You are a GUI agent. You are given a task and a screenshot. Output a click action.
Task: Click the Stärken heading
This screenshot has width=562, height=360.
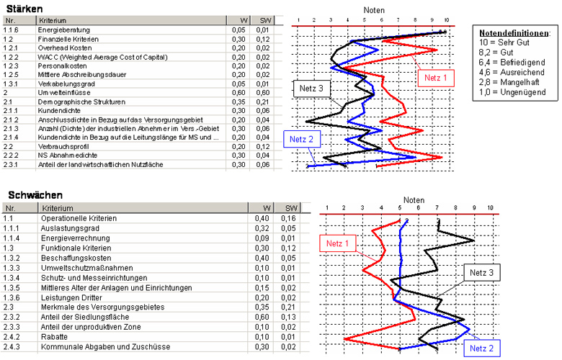click(x=23, y=7)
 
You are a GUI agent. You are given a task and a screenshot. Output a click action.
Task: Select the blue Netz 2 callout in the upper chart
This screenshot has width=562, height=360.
click(x=302, y=139)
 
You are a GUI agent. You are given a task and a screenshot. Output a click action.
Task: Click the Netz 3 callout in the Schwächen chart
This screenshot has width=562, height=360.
click(x=481, y=273)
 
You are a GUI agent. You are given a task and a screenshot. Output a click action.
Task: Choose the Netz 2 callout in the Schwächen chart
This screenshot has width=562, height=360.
click(x=481, y=348)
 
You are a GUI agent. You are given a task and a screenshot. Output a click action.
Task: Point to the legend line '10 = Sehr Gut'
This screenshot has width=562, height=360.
click(x=504, y=42)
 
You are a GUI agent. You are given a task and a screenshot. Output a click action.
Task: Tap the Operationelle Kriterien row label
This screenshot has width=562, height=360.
click(x=79, y=217)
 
